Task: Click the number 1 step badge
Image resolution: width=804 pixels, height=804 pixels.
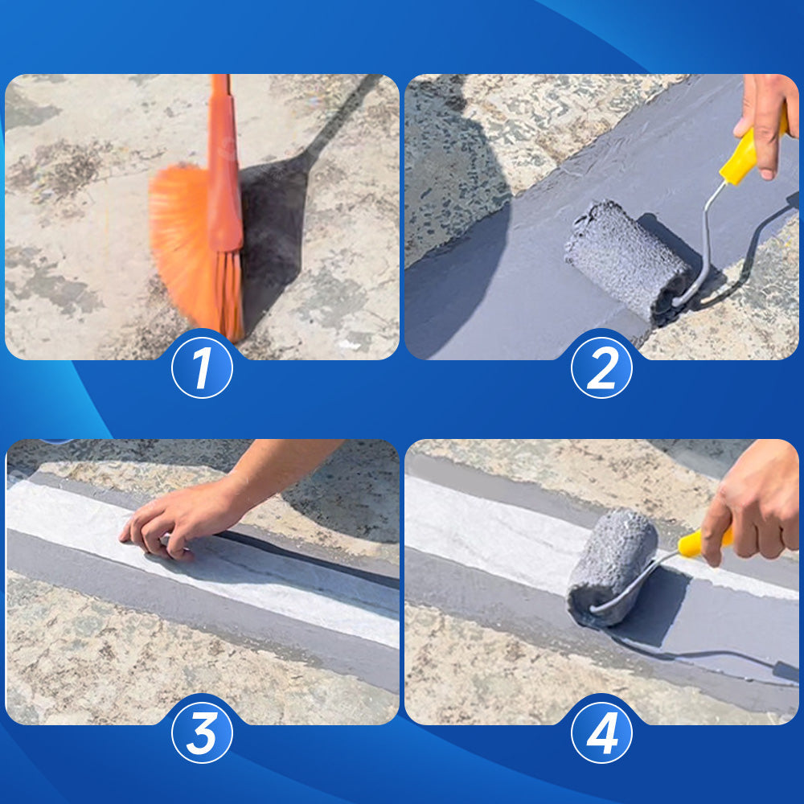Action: pos(202,367)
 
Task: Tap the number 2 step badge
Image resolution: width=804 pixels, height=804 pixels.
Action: pos(601,367)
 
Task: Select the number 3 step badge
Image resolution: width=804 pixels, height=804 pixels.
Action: pos(202,732)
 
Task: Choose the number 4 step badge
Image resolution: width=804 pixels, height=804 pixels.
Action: pos(601,732)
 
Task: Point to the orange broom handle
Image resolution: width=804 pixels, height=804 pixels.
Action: pos(224,164)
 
